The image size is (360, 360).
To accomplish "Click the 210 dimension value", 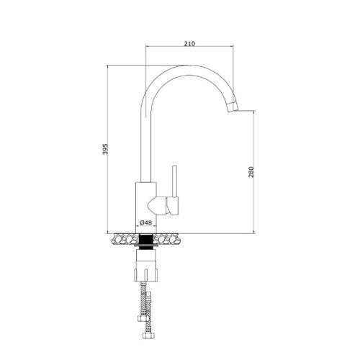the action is [189, 44].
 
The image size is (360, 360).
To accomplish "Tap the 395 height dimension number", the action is [105, 149].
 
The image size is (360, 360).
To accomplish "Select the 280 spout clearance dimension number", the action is [251, 172].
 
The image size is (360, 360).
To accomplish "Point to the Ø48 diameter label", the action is [146, 222].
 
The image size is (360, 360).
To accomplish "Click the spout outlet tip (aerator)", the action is [233, 107].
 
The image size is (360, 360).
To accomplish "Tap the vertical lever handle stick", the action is [175, 181].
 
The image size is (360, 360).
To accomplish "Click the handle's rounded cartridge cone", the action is [157, 205].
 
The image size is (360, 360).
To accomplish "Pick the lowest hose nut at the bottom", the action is [146, 335].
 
